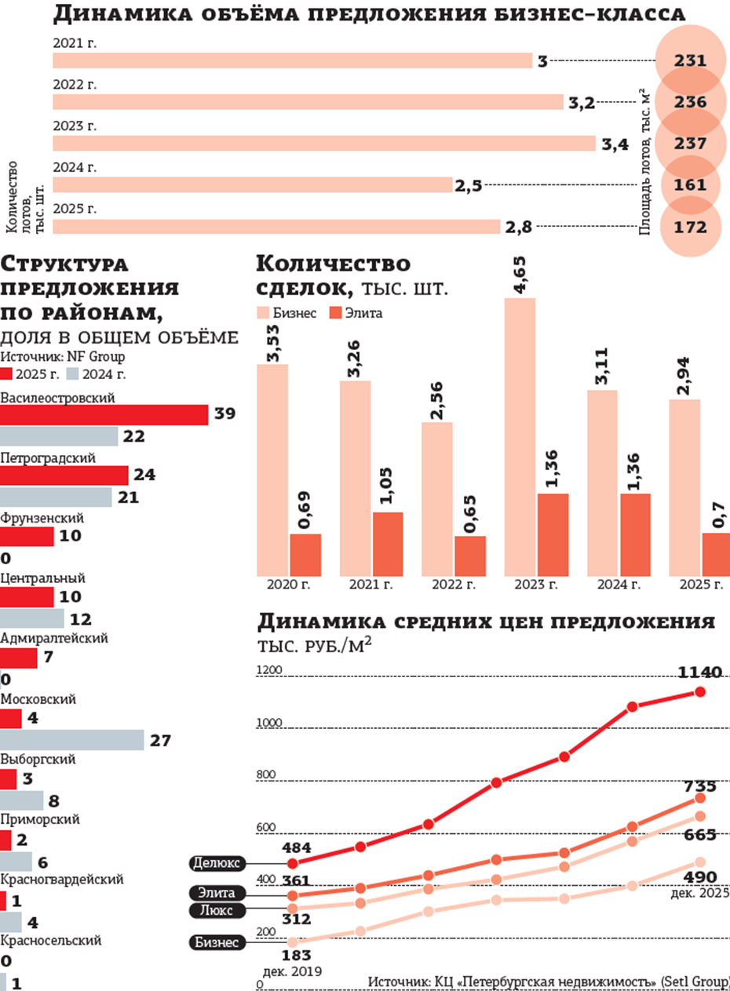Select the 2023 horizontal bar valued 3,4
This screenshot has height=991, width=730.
pos(323,144)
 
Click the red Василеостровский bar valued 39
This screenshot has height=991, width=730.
pos(104,415)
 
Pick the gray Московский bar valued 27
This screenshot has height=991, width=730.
pos(71,740)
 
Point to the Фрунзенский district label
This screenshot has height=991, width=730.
pos(42,519)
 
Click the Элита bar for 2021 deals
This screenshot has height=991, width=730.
pos(388,545)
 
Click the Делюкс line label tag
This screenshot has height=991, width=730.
pos(217,863)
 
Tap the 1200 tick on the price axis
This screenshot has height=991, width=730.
pos(268,670)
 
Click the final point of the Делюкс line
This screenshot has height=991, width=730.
pos(699,691)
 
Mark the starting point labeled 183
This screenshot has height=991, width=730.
pos(293,942)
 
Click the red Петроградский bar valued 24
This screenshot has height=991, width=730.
pos(64,475)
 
